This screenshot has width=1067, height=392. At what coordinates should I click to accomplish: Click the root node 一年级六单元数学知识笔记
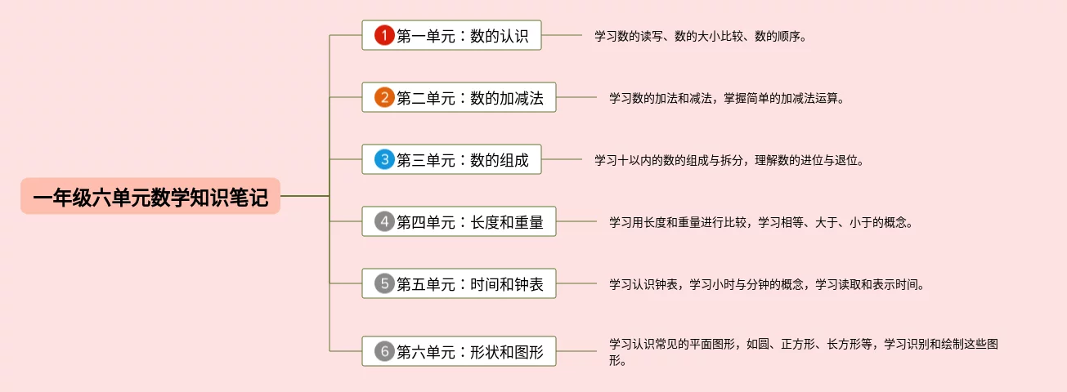point(150,197)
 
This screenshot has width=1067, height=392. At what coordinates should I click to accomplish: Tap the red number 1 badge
point(384,35)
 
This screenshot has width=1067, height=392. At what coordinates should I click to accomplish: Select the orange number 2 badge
point(384,98)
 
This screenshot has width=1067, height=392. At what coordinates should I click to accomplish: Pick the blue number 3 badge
point(384,159)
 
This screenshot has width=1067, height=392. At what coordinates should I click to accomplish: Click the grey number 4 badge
point(384,221)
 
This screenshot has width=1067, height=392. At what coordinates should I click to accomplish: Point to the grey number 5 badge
point(384,283)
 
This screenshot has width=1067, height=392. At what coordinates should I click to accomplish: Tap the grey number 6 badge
point(384,352)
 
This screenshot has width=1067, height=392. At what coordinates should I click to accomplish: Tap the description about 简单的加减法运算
point(725,99)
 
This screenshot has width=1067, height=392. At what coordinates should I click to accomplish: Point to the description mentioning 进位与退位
point(729,161)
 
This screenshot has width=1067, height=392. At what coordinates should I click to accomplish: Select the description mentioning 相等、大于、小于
point(760,223)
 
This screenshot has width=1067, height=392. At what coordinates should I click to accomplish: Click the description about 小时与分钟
point(766,285)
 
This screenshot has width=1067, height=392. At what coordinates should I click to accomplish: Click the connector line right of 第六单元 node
point(576,352)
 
